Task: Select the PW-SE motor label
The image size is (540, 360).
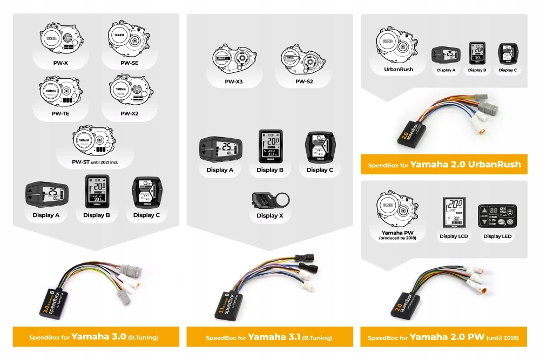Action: [x=129, y=63]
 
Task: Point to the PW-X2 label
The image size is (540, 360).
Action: [x=130, y=114]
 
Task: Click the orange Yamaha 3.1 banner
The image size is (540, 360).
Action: [x=269, y=337]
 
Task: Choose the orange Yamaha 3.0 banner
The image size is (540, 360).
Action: [x=96, y=337]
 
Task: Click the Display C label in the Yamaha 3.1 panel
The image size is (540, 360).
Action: [x=319, y=170]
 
